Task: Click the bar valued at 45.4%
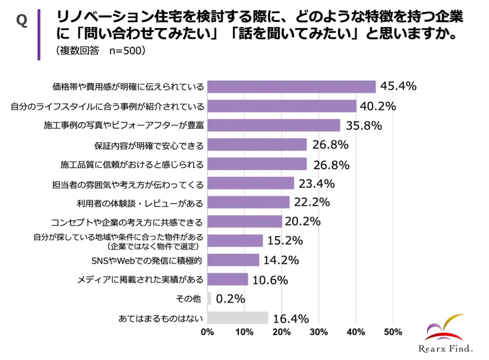291,87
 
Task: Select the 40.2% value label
378,106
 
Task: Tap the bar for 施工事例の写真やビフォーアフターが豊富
274,125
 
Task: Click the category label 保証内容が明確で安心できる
148,145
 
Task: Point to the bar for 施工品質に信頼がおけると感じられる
257,164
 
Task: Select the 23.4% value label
316,183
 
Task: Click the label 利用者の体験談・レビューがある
139,203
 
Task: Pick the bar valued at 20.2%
245,222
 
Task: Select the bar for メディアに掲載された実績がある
228,279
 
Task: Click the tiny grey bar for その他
209,299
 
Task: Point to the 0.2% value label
230,299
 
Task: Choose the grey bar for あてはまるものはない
238,318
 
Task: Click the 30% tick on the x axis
318,332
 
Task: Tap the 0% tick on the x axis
208,332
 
